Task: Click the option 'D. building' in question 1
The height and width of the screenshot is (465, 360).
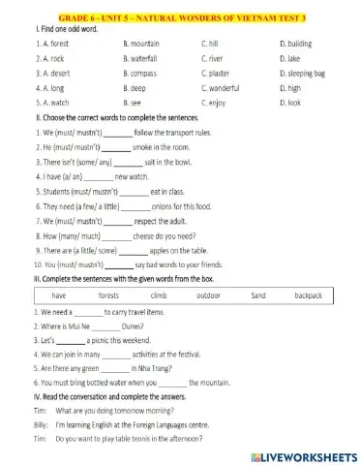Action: pos(296,44)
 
